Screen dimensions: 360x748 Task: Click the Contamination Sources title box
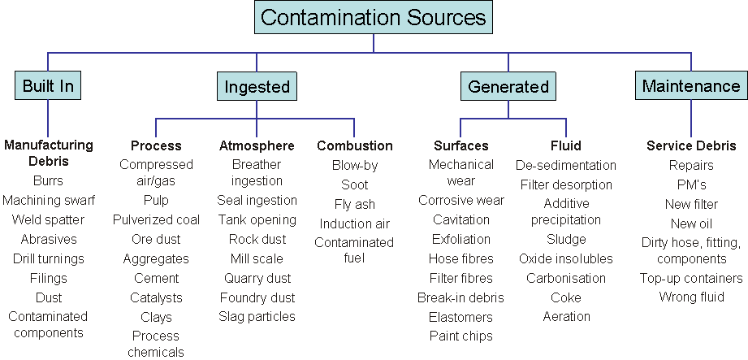pos(374,17)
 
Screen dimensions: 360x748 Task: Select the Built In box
pos(48,86)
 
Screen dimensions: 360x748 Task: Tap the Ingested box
pos(257,86)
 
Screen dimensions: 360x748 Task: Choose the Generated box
pos(508,86)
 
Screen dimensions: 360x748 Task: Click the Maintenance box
pos(690,85)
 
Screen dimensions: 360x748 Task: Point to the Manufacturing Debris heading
pos(48,153)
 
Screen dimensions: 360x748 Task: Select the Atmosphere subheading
pos(257,146)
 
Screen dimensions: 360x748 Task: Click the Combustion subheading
pos(354,146)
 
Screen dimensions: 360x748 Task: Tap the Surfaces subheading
pos(460,146)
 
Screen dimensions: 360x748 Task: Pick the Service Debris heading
pos(690,146)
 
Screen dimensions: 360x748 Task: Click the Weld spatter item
pos(48,220)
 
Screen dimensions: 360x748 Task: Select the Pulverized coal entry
pos(156,220)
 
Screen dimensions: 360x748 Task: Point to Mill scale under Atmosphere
pos(257,258)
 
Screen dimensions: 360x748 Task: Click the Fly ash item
pos(354,204)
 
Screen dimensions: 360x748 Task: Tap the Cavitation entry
pos(460,219)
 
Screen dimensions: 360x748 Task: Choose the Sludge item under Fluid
pos(565,240)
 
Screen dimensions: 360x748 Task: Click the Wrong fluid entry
pos(690,297)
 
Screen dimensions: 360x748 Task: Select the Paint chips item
pos(460,336)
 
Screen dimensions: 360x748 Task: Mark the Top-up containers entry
pos(690,278)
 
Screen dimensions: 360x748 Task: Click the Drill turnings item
pos(48,259)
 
